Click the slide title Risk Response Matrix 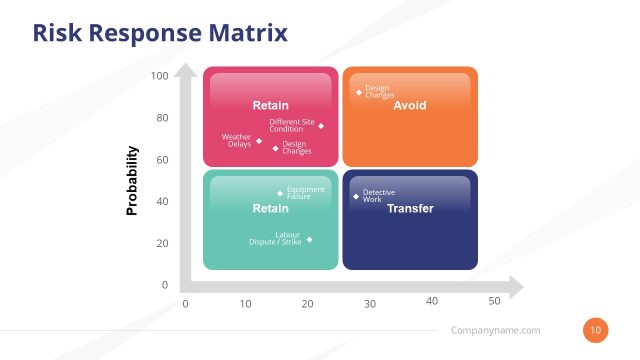[160, 33]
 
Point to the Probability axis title [132, 182]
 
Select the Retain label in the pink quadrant [270, 105]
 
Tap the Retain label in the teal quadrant [270, 209]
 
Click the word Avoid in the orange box [410, 105]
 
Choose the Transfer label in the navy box [410, 209]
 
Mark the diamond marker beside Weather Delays [259, 141]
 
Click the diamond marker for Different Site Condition [321, 126]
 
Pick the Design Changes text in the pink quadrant [297, 148]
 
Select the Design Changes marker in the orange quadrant [359, 92]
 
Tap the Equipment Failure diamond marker [280, 194]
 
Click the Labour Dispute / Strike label [276, 239]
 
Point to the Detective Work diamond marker [356, 196]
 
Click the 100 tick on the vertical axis [160, 76]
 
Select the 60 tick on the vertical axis [162, 160]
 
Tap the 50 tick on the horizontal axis [494, 301]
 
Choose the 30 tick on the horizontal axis [370, 303]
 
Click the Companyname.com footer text [496, 330]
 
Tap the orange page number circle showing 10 [595, 330]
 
